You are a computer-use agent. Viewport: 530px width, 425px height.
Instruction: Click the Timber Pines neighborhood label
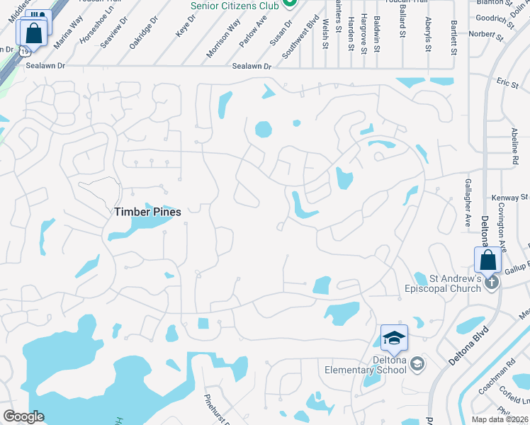pos(148,212)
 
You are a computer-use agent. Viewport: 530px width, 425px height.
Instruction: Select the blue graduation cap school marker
pos(394,339)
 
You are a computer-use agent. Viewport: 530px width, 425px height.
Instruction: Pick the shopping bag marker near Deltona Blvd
pos(488,260)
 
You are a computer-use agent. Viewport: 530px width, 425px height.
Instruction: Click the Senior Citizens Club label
pos(235,5)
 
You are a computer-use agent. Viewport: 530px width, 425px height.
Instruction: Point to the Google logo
pos(23,416)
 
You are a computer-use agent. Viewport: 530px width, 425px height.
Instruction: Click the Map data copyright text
pos(500,419)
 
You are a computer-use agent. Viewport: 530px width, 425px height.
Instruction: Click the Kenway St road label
pos(514,196)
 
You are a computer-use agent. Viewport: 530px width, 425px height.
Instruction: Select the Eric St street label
pos(508,84)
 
